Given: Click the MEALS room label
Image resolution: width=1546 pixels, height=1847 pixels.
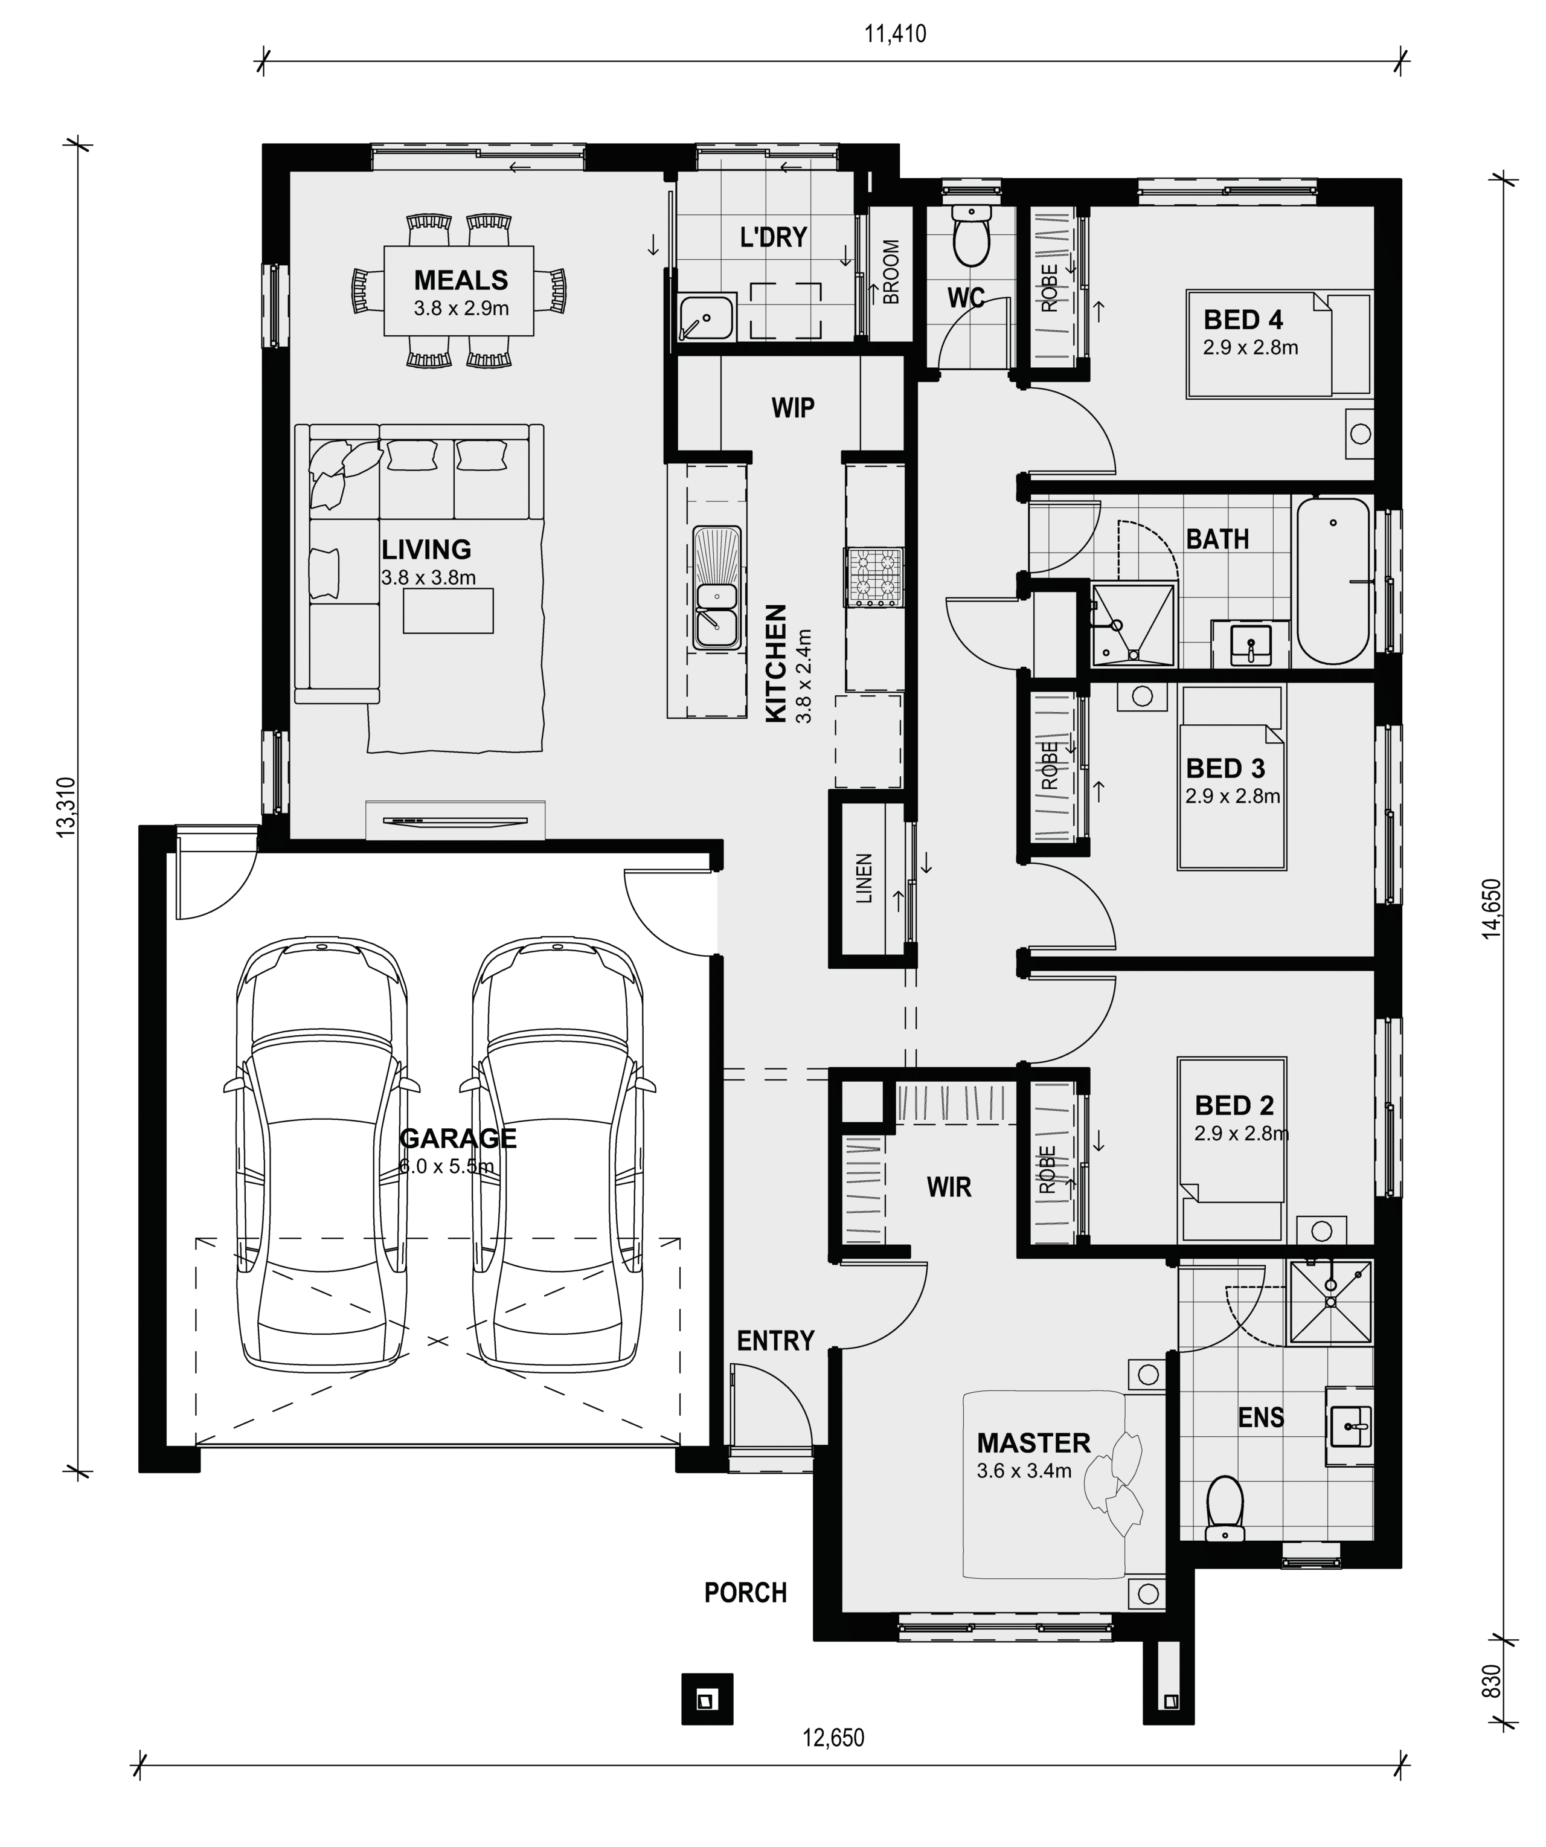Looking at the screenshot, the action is tap(461, 281).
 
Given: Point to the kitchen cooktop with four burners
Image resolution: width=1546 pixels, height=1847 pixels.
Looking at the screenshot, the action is tap(874, 577).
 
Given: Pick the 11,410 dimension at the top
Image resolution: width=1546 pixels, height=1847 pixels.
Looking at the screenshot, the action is tap(895, 34).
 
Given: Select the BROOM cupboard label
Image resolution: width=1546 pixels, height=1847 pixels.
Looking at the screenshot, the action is tap(891, 272).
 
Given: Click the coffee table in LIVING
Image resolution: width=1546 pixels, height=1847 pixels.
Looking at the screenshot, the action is tap(449, 611).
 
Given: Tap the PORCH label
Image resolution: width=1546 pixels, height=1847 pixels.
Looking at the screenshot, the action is tap(746, 1593).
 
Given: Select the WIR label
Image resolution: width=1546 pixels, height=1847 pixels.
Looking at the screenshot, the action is tap(949, 1187).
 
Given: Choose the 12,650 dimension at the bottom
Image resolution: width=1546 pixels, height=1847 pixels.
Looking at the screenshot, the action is tap(833, 1738).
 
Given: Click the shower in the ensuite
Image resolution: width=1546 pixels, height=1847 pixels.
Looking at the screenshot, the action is tap(1330, 1302).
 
